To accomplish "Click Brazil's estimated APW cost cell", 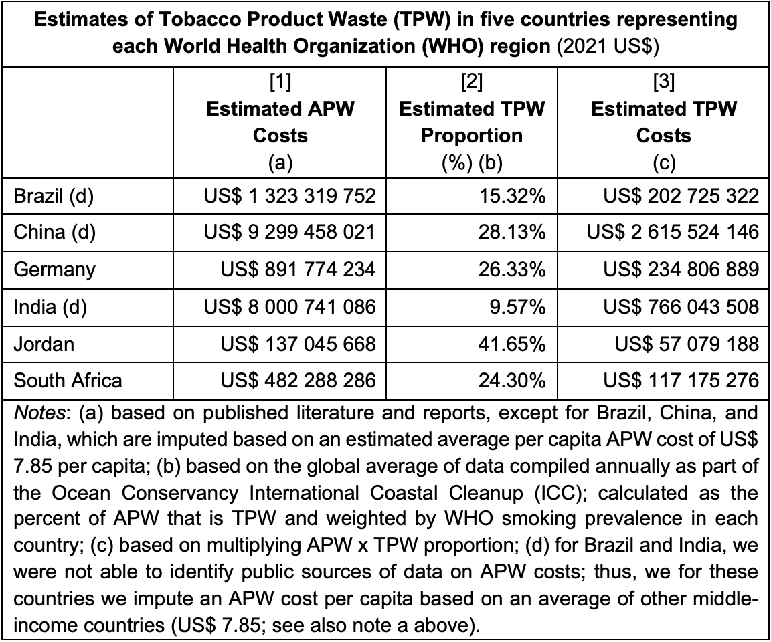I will coord(290,196).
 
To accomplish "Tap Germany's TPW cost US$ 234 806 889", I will coord(681,270).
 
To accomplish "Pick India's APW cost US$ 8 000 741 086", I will coord(290,306).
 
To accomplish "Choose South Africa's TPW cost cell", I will coord(681,381).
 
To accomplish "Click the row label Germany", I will coord(55,270).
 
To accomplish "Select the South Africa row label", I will coord(68,381).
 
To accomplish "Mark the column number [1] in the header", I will coord(280,83).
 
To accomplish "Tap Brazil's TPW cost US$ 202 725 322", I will coord(681,196).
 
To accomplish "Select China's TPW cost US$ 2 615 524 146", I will coord(673,233).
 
